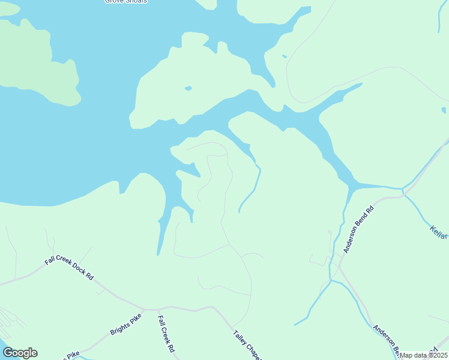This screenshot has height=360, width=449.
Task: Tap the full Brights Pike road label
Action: pyautogui.click(x=125, y=324)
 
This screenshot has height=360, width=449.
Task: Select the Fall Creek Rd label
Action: pyautogui.click(x=166, y=334)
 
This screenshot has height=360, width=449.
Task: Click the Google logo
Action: pyautogui.click(x=20, y=353)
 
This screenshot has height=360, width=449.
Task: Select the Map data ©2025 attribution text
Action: pyautogui.click(x=423, y=355)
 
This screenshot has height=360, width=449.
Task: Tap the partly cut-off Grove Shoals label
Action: pyautogui.click(x=126, y=2)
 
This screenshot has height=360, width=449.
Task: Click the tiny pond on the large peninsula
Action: pyautogui.click(x=188, y=88)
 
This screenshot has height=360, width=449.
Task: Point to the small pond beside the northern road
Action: pyautogui.click(x=284, y=56)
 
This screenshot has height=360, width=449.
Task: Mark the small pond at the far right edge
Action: pyautogui.click(x=444, y=110)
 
